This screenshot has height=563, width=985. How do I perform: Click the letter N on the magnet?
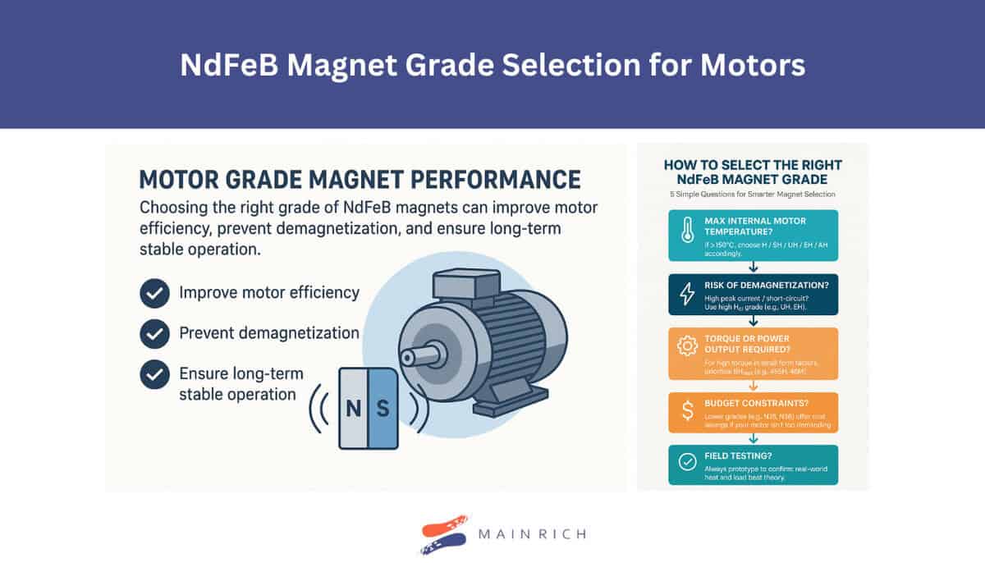click(354, 408)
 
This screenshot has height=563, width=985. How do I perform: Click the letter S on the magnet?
click(382, 408)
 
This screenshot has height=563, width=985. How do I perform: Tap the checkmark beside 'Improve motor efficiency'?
click(154, 292)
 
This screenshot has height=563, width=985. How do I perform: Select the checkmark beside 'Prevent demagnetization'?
click(154, 333)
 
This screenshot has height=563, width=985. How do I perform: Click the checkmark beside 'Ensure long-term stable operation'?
click(154, 374)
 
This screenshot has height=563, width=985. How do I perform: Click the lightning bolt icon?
click(686, 295)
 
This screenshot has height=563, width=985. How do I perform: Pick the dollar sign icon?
click(686, 407)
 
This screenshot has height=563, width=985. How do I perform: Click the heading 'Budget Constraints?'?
click(756, 404)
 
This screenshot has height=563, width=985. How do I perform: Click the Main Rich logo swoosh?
click(444, 534)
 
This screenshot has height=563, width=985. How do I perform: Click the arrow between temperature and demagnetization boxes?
click(754, 268)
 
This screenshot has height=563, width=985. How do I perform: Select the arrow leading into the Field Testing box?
click(754, 439)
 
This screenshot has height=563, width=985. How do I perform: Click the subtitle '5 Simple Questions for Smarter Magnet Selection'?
click(753, 195)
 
